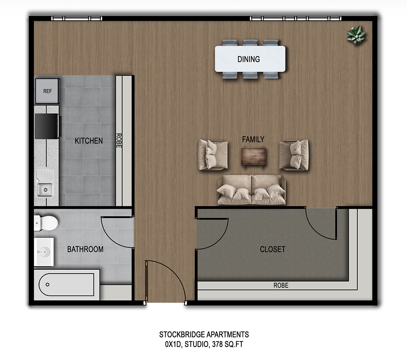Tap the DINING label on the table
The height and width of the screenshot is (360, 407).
[249, 59]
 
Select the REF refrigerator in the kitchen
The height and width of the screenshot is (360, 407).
[47, 91]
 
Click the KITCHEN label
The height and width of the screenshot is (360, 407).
[89, 141]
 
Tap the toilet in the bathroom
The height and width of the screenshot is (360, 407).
[46, 223]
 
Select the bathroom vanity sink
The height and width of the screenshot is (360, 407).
[44, 252]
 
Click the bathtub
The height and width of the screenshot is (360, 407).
[67, 284]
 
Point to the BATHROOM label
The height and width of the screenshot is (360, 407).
[85, 249]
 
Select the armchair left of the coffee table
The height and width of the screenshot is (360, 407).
[213, 154]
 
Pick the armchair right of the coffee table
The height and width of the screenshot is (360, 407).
[294, 154]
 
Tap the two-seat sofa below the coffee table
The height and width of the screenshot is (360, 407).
[251, 190]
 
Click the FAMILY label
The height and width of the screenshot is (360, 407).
[253, 139]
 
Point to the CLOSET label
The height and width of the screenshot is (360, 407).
[272, 249]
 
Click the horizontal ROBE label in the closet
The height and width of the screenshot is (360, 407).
[281, 285]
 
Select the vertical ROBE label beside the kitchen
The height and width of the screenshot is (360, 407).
[119, 140]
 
